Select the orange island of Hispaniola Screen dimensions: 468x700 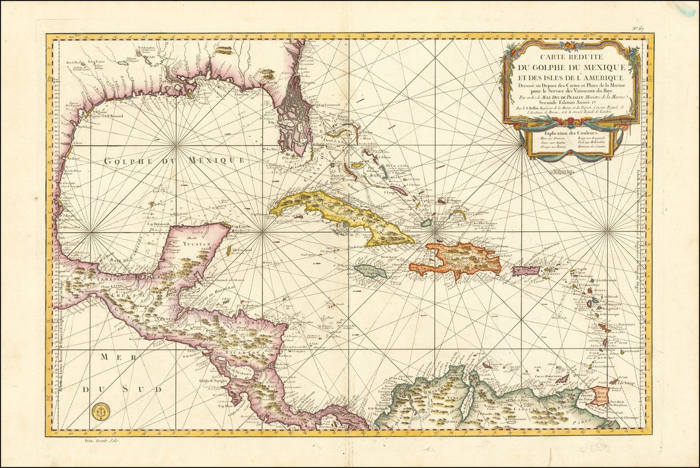[461, 260]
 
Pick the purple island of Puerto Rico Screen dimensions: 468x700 [523, 271]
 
